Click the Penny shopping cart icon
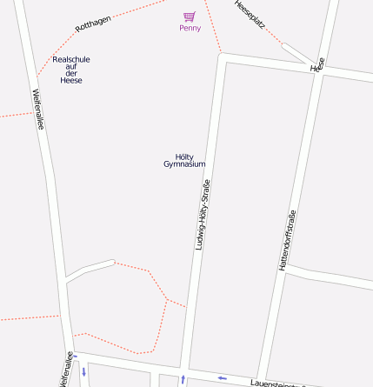[x=190, y=17]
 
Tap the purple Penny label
[x=190, y=28]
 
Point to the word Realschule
[x=71, y=59]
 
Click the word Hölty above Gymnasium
[x=184, y=157]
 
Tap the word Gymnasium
[x=184, y=164]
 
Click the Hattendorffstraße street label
[x=287, y=241]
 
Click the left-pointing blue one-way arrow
[x=222, y=377]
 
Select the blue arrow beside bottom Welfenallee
[x=83, y=370]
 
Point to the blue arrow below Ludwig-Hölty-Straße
[x=183, y=379]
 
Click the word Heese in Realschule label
[x=71, y=81]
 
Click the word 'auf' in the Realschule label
[x=71, y=67]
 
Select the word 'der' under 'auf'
[x=71, y=74]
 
